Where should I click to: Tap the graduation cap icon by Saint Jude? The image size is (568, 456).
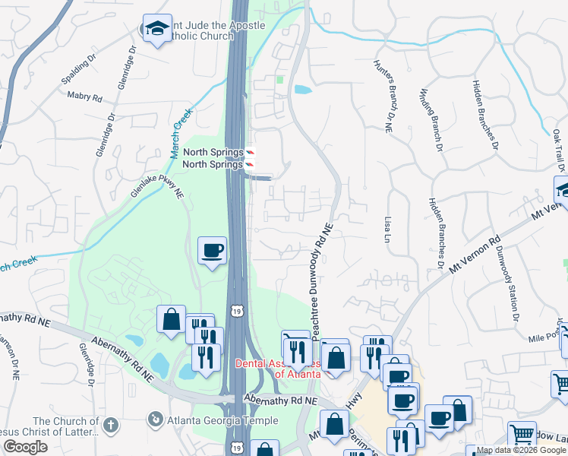pos(157,30)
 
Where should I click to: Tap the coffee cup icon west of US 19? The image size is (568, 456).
pos(212,249)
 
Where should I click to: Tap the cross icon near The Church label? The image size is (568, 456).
pos(110,424)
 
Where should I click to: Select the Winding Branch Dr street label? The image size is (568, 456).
pos(431,114)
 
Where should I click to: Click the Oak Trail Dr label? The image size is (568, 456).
pos(559,149)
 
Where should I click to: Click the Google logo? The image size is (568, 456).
pos(26,447)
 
